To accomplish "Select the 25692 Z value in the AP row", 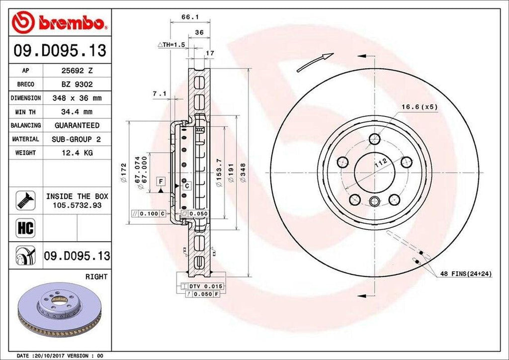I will (77, 71).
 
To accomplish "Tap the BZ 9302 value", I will (77, 85).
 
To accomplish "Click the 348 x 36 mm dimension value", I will (77, 98).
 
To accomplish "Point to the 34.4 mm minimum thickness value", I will (77, 112).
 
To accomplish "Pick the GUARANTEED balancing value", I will (77, 125).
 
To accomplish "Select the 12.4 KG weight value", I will (77, 153).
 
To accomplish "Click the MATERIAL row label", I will (26, 139).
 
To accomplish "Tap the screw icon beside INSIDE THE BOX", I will (25, 199).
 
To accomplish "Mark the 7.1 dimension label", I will (160, 93).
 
